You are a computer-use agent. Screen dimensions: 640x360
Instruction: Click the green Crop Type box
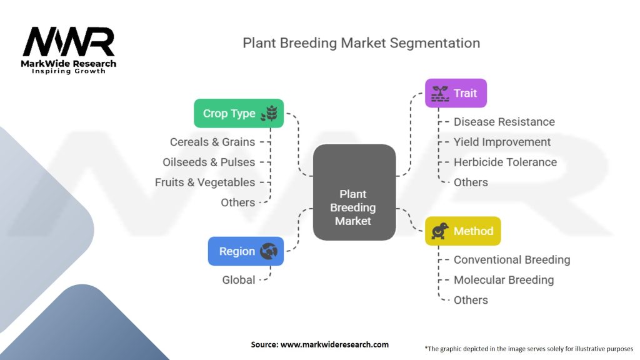pos(239,113)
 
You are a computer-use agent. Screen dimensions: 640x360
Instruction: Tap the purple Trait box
pos(456,93)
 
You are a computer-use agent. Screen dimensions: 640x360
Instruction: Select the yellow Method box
pos(463,231)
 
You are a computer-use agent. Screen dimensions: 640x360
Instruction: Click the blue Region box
pos(246,251)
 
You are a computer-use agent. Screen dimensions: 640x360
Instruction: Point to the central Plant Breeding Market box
pos(354,192)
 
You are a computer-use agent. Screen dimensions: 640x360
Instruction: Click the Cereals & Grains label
pos(212,142)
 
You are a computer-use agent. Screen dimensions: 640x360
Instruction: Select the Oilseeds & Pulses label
pos(209,162)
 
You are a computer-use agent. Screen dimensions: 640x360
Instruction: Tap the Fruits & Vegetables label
pos(205,182)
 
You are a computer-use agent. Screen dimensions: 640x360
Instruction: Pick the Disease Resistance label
pos(504,122)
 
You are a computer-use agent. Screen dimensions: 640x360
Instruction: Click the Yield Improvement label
pos(502,142)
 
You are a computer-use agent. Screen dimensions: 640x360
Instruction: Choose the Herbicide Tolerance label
pos(505,162)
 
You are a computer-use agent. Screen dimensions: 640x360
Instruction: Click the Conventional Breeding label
pos(512,259)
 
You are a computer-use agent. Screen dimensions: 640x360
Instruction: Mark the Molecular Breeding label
pos(504,280)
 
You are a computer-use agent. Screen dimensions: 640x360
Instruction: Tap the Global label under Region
pos(238,280)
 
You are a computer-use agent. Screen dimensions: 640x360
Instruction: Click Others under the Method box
pos(471,300)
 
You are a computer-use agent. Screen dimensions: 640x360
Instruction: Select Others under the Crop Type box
pos(238,202)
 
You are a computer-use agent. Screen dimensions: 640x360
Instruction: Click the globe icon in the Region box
pos(269,251)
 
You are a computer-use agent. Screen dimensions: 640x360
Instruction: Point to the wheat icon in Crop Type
pos(269,113)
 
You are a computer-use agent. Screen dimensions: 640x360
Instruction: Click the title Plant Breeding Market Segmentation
pos(361,43)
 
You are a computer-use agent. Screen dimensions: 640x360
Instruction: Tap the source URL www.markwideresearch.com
pos(334,344)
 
